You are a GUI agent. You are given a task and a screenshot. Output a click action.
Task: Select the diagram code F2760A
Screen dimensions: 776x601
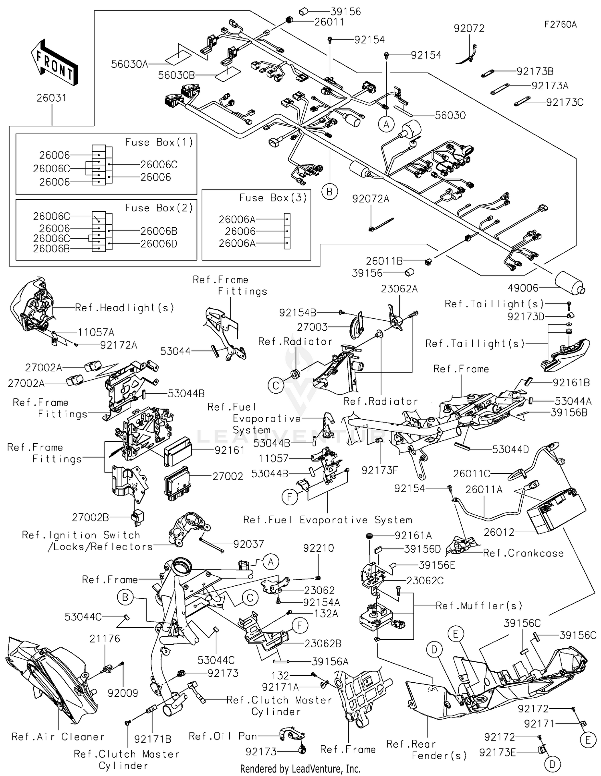click(560, 24)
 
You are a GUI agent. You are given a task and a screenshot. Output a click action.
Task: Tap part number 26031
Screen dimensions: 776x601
click(52, 98)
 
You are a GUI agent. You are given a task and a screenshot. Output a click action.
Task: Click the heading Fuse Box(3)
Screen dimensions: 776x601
click(273, 198)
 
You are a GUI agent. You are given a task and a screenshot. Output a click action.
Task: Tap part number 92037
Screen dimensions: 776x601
click(249, 544)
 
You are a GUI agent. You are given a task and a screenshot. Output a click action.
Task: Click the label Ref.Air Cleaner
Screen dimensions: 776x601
click(58, 737)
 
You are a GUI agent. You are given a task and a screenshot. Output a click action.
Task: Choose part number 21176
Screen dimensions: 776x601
click(105, 639)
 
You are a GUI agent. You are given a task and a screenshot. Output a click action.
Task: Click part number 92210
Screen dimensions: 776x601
click(319, 548)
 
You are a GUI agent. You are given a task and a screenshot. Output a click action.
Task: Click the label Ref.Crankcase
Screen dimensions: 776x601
click(523, 553)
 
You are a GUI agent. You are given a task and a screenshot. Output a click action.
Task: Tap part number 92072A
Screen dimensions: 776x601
click(371, 199)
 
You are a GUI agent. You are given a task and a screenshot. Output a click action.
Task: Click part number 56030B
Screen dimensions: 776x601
click(176, 75)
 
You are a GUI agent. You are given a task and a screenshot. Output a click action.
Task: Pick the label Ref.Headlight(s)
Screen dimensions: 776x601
click(124, 308)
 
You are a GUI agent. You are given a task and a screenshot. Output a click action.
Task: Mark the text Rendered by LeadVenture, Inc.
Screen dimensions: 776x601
click(300, 769)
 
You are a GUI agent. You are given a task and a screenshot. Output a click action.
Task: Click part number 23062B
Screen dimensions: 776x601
click(323, 643)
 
